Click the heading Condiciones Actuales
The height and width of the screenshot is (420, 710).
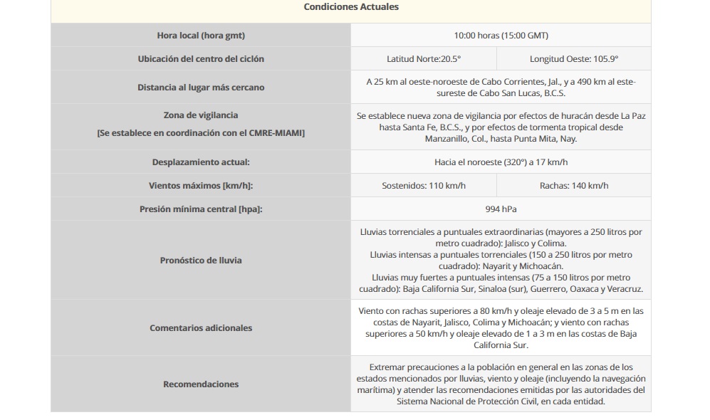351,7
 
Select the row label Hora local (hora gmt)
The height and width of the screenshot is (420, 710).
201,36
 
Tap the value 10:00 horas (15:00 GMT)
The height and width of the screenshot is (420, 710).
501,36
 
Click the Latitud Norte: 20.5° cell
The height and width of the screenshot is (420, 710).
424,59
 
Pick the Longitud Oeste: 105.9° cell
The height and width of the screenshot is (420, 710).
573,59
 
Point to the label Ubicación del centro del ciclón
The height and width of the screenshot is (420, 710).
201,59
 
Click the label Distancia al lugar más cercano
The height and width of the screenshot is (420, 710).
201,88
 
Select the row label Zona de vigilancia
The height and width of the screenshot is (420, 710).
201,115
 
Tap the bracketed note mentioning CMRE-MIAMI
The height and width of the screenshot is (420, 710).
201,133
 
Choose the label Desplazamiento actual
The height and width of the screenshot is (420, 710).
201,162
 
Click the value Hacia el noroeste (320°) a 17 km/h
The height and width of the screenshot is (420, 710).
501,162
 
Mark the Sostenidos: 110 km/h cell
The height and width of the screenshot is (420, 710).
424,186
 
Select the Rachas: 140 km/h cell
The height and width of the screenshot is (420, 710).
573,186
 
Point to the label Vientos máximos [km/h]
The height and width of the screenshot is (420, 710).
201,186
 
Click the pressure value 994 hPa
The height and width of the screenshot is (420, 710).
501,209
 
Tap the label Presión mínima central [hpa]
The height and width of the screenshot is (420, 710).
201,209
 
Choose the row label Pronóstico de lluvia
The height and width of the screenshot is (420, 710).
201,261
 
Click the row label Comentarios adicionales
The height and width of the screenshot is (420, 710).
201,328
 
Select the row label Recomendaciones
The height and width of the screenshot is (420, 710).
201,384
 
